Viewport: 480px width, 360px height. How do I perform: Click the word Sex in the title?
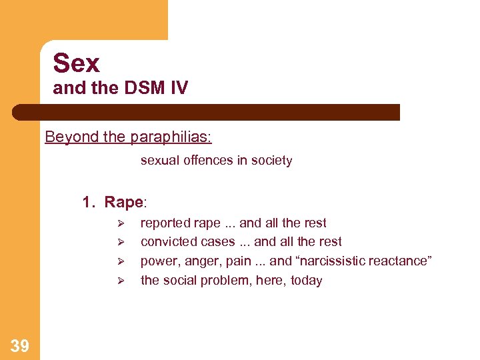[76, 63]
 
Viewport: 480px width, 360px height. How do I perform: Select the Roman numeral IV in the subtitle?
[179, 88]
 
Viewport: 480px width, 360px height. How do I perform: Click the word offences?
[202, 160]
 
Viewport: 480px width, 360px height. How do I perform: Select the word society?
[272, 160]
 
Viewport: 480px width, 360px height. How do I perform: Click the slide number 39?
[20, 345]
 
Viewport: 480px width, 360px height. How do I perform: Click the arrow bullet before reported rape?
[121, 223]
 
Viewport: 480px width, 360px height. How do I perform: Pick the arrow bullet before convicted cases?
[121, 242]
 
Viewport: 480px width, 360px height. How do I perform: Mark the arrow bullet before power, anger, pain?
[121, 261]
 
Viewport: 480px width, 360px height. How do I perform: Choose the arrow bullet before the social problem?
[121, 281]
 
